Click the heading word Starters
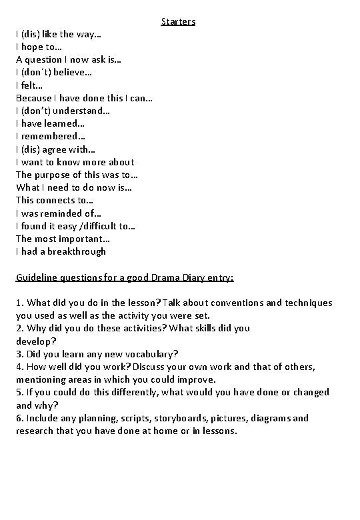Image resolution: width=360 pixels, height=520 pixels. pyautogui.click(x=178, y=21)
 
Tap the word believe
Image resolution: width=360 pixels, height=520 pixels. pyautogui.click(x=70, y=72)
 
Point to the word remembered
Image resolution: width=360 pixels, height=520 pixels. pyautogui.click(x=49, y=136)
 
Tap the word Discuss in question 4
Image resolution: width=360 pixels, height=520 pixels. pyautogui.click(x=153, y=366)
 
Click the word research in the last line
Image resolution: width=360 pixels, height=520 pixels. pyautogui.click(x=37, y=431)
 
